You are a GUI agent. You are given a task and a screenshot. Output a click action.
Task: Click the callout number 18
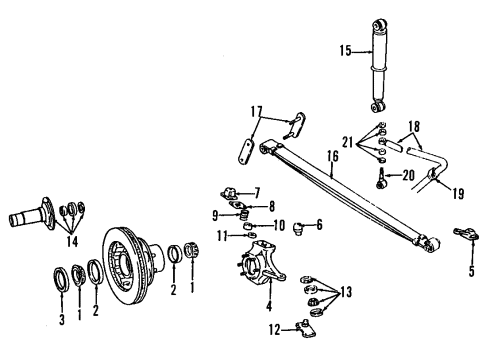point(414,128)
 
